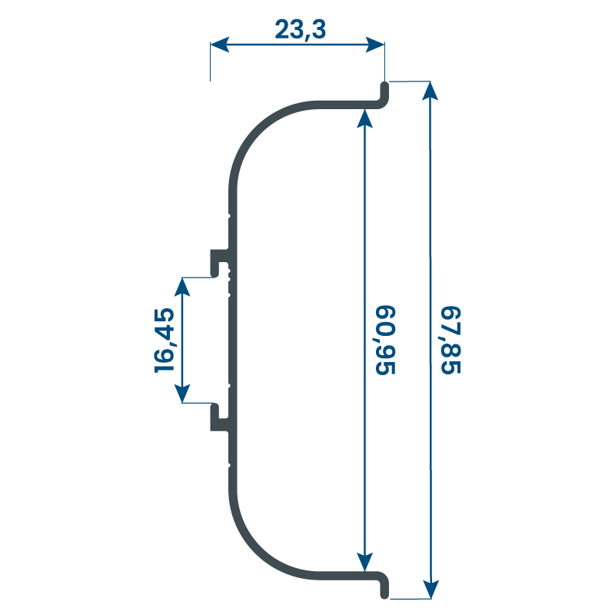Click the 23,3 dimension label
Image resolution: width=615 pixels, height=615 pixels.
click(300, 29)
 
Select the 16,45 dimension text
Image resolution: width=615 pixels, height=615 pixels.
click(164, 341)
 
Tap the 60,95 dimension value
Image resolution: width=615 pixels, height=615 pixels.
click(385, 340)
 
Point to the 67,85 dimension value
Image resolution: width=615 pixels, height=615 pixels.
click(450, 340)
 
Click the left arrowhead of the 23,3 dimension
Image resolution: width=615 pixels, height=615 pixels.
click(220, 45)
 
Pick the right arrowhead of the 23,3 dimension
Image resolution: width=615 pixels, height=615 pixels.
click(375, 45)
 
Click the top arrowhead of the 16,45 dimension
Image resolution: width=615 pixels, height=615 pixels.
click(182, 287)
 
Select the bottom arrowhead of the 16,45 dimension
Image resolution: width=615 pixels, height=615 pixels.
click(182, 394)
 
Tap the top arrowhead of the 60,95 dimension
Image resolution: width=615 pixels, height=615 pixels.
click(364, 118)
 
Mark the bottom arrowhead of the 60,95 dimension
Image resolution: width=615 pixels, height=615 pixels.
click(364, 562)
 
